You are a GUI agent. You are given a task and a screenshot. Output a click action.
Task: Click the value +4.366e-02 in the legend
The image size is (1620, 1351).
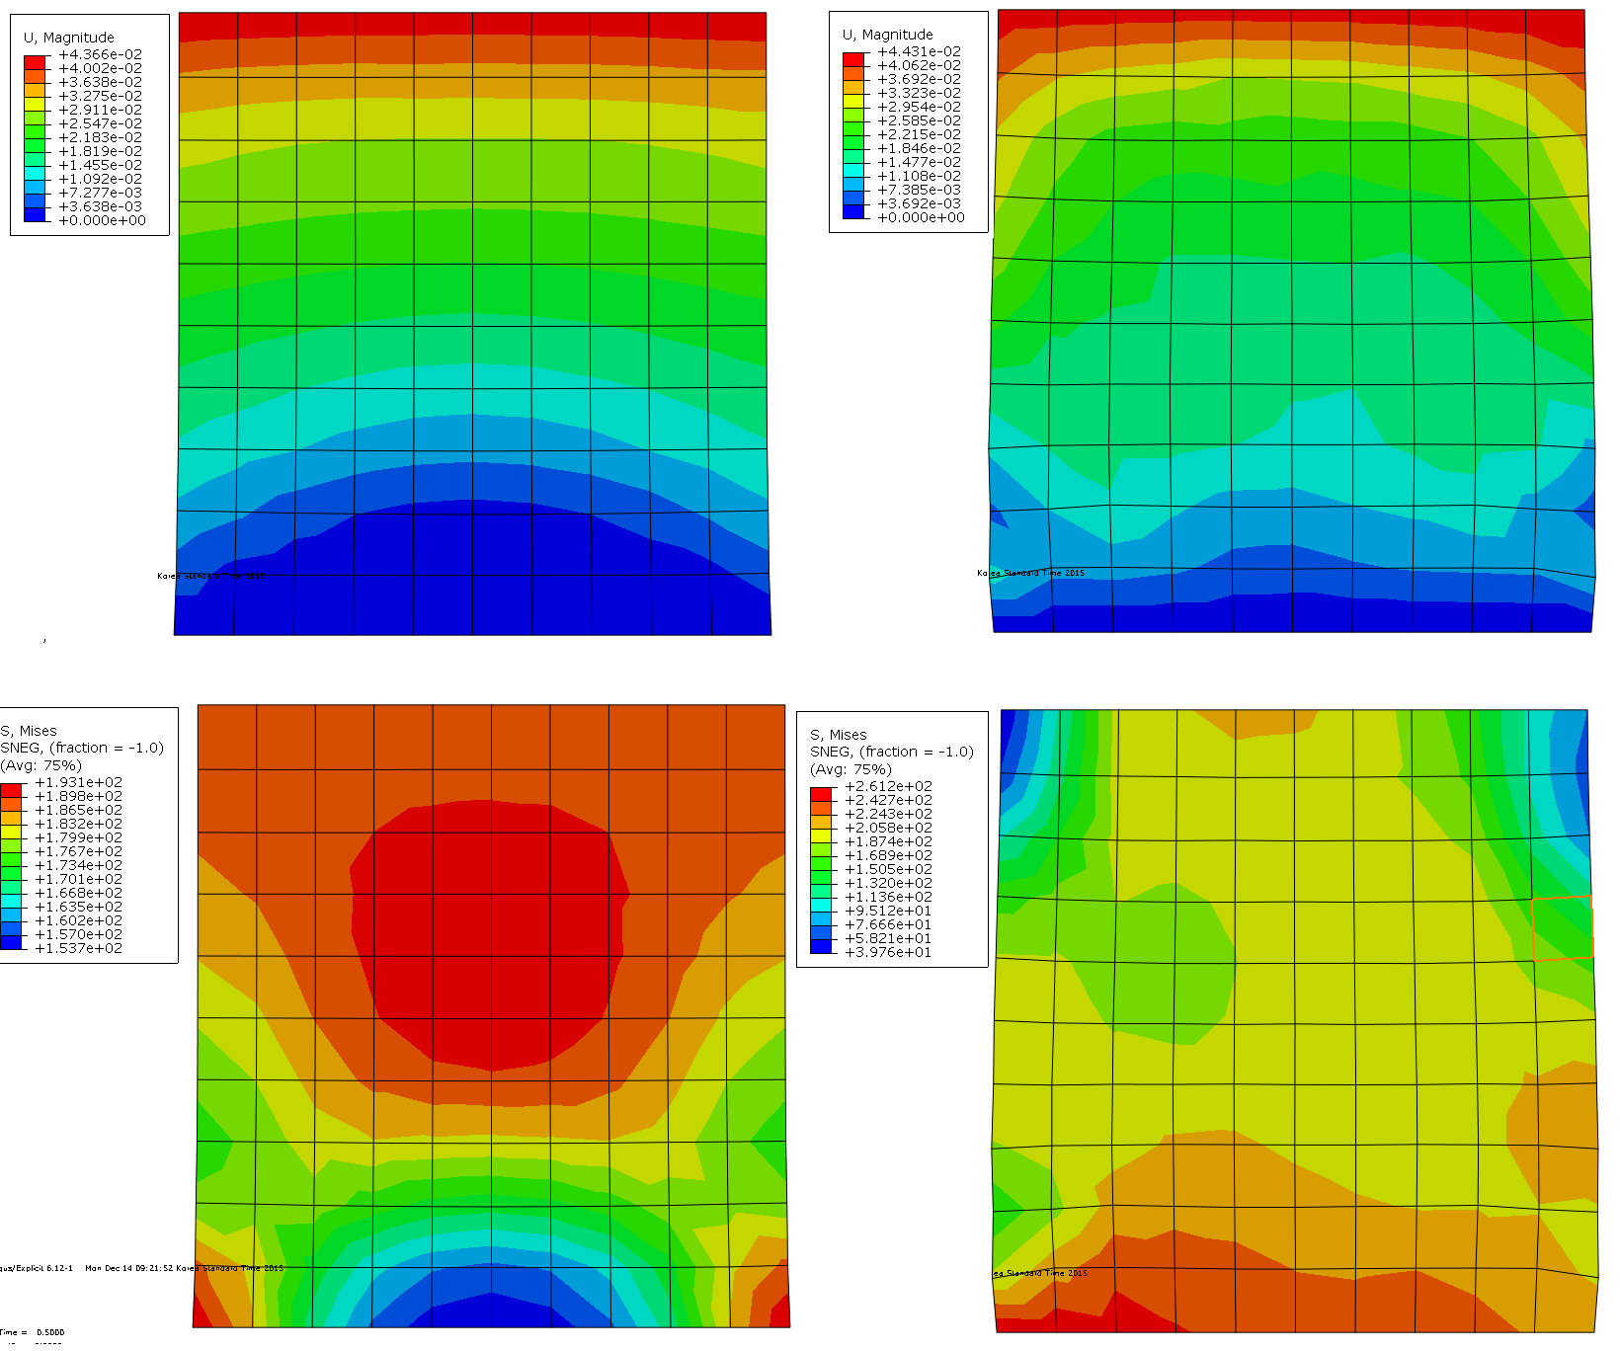(x=100, y=54)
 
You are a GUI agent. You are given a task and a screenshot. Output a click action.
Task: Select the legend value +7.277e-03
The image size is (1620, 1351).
(x=100, y=193)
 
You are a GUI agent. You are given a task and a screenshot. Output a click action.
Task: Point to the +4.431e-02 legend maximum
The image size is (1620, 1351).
(x=919, y=51)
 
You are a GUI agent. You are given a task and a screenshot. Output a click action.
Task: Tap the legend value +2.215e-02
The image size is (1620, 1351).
(x=919, y=134)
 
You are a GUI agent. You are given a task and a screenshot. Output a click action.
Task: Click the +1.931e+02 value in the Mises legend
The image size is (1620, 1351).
(x=78, y=782)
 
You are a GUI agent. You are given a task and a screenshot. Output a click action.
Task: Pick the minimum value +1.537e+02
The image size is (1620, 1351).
(x=78, y=948)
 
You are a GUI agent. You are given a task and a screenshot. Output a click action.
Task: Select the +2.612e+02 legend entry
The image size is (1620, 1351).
(x=888, y=786)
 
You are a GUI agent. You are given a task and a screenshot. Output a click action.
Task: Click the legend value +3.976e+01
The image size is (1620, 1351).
(x=888, y=952)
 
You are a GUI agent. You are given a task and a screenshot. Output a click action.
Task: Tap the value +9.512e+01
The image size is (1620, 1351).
(x=888, y=911)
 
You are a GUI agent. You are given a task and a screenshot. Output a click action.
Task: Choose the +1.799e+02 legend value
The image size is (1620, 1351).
(x=78, y=837)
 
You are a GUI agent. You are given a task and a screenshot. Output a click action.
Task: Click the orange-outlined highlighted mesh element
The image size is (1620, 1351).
(x=1562, y=927)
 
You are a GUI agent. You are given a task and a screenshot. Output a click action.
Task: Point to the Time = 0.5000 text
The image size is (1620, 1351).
(x=33, y=1332)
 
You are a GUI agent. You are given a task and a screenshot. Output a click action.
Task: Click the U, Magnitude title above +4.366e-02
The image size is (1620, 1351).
(x=68, y=38)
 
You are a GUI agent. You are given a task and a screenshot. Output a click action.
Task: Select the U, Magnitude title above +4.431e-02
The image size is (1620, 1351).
(x=887, y=35)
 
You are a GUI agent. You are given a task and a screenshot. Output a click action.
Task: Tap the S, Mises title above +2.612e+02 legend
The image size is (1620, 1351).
(x=838, y=735)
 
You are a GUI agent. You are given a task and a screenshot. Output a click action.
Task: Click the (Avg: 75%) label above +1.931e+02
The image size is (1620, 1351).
(x=40, y=765)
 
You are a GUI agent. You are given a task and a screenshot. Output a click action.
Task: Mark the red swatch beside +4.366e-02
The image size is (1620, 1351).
(x=35, y=61)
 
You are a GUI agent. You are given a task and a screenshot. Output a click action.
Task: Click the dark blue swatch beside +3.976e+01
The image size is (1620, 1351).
(x=821, y=946)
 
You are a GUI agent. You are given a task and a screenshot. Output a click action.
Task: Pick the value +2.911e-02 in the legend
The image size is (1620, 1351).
(x=100, y=110)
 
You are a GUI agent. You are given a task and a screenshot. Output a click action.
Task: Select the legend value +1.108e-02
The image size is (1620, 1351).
(x=919, y=176)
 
